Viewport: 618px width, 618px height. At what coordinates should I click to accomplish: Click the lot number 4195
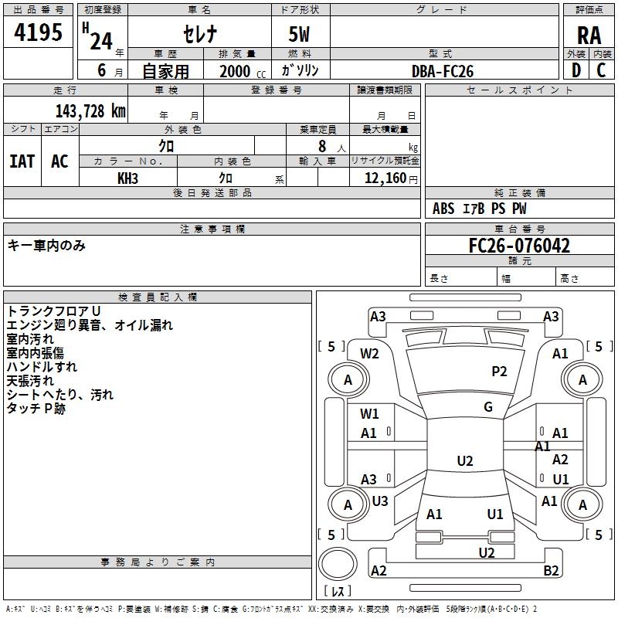(38, 33)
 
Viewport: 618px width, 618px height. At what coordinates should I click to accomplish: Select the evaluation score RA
(589, 36)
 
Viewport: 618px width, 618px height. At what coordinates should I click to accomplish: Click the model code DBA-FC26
(443, 71)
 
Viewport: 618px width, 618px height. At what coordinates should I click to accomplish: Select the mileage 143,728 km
(90, 111)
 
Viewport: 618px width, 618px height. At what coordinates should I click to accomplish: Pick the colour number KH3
(128, 178)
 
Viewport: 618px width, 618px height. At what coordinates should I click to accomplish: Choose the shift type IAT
(22, 161)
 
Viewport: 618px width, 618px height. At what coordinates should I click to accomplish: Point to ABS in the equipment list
(443, 209)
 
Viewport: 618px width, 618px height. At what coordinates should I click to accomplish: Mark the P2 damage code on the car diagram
(499, 372)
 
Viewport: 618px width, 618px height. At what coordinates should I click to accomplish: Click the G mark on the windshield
(488, 407)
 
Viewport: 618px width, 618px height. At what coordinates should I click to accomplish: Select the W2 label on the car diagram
(370, 354)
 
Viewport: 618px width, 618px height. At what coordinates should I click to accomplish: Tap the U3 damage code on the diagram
(380, 501)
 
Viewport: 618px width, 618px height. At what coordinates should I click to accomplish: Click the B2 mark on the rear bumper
(551, 571)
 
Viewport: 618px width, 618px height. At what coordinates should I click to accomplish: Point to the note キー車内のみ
(46, 246)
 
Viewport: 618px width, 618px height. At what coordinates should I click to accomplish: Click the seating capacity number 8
(320, 145)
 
